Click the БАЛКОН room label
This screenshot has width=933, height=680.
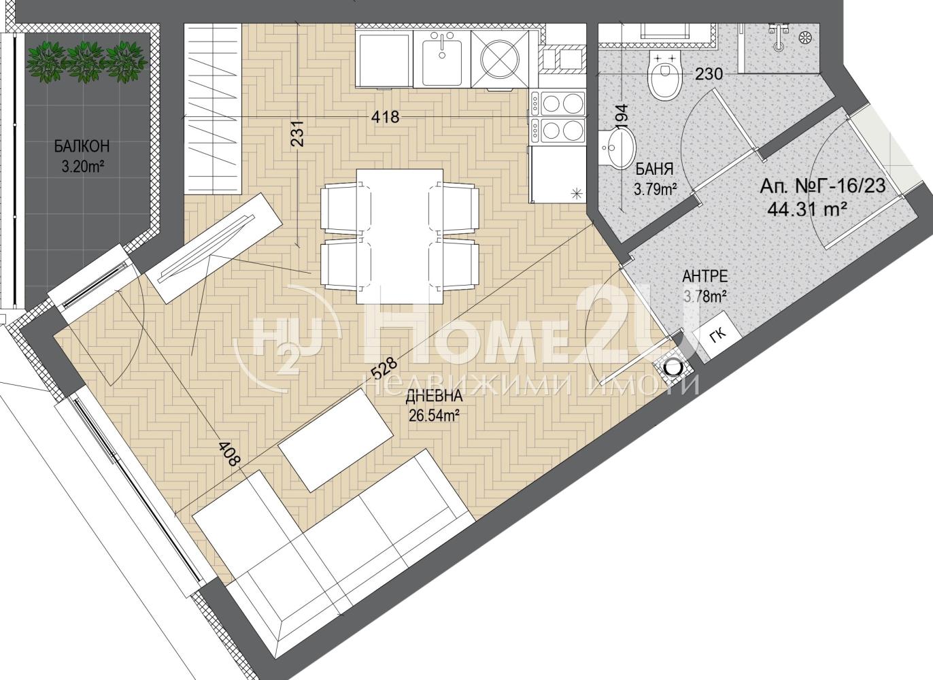82,146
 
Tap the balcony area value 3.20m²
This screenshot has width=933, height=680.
82,167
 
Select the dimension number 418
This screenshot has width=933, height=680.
386,117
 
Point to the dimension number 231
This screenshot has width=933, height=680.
299,133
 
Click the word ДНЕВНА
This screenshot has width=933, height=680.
434,396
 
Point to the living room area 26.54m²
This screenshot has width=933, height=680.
434,415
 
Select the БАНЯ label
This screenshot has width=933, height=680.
654,169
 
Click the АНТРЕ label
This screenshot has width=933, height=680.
705,276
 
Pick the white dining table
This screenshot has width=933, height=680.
399,237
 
